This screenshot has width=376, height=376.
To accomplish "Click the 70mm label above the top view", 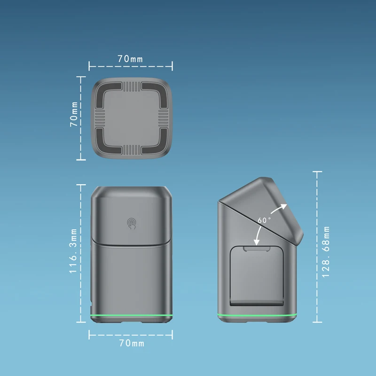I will pos(130,59).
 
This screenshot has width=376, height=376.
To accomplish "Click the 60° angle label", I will pos(264,220).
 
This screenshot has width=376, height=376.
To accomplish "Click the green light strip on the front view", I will pos(131,314).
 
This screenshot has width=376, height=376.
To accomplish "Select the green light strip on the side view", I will pos(258,314).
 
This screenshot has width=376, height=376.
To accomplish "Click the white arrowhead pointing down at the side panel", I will pos(256,242).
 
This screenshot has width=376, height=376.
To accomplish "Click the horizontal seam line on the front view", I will pos(131,243).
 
